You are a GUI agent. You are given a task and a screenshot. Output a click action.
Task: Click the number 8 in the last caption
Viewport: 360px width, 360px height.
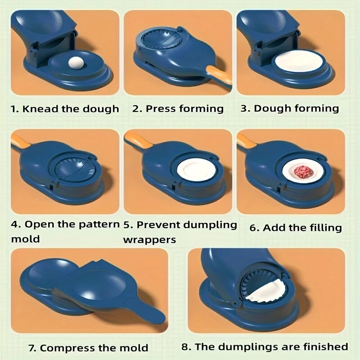tap(184, 347)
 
